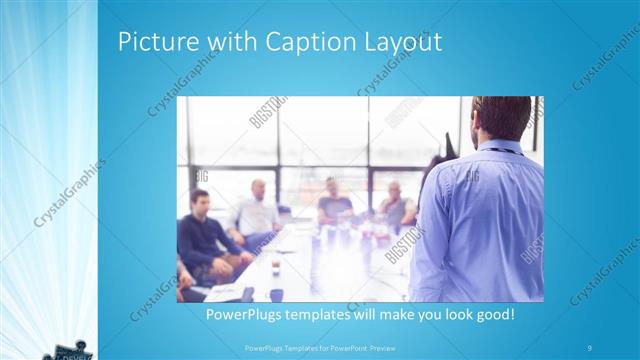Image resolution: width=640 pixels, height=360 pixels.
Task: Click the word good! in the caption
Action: [x=495, y=315]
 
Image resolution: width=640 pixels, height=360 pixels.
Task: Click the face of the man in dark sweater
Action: [x=201, y=201]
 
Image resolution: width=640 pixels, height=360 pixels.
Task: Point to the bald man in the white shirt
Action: [x=258, y=205]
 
